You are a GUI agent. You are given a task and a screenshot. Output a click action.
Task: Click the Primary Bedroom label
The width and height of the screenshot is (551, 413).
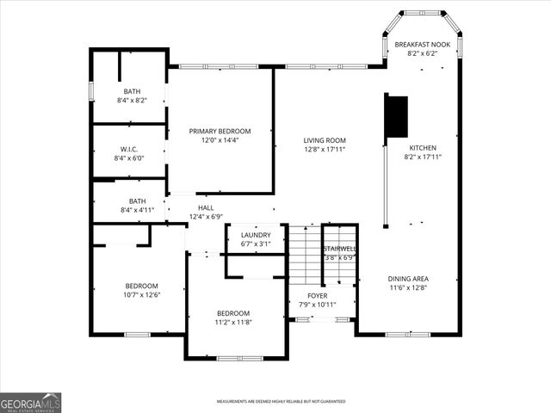tap(220, 131)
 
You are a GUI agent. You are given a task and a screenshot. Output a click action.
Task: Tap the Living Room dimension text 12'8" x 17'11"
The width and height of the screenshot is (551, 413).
tap(325, 150)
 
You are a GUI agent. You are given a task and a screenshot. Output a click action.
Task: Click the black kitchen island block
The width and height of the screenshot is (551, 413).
tap(396, 115)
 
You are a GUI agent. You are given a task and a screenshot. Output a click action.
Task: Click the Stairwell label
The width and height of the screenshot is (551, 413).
tap(339, 249)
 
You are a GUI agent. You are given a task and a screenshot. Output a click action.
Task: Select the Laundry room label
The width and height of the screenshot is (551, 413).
tap(256, 235)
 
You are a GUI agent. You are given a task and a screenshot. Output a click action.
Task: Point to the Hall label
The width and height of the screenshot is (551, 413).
tap(206, 207)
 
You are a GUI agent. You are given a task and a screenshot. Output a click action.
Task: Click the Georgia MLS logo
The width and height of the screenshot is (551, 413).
tap(31, 403)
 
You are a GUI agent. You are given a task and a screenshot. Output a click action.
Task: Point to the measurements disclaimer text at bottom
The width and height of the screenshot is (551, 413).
tap(281, 402)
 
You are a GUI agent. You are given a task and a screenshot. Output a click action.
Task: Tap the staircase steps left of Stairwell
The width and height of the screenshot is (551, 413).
tap(303, 255)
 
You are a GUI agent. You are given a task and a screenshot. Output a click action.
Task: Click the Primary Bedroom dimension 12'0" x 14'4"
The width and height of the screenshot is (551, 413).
tap(220, 140)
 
